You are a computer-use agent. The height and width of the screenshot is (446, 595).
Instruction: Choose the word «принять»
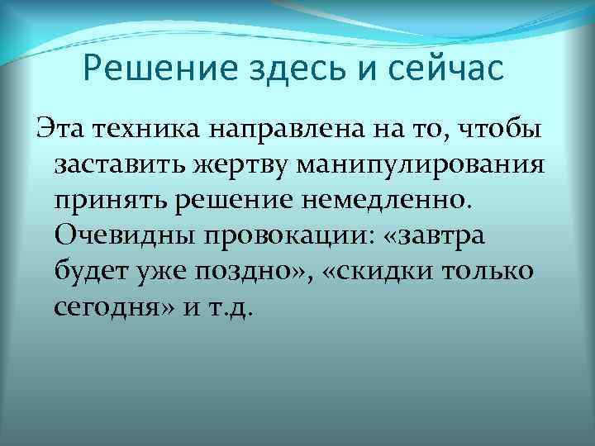(107, 201)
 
